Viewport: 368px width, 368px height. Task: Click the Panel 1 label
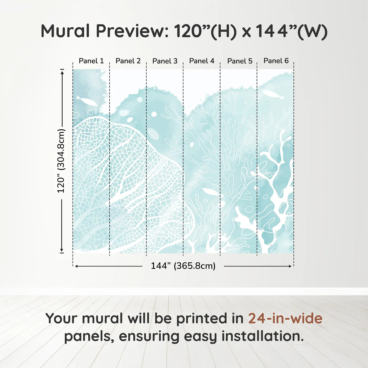point(91,61)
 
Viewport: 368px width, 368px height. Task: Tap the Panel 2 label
point(128,61)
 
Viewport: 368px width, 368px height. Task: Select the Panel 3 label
point(165,61)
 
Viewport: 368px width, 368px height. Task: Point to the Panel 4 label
point(202,61)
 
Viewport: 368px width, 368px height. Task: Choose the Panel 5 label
point(240,61)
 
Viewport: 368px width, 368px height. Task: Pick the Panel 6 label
point(276,61)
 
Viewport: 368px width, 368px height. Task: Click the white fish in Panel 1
point(87,101)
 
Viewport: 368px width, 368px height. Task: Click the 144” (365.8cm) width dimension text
point(183,266)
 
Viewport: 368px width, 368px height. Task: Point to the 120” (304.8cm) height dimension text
point(61,161)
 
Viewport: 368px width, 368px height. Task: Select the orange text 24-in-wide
point(285,318)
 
